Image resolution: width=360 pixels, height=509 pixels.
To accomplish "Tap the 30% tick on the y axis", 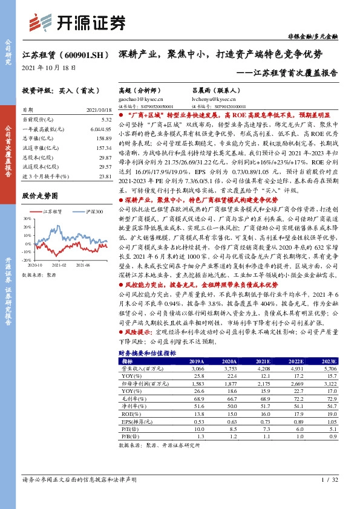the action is [26, 218].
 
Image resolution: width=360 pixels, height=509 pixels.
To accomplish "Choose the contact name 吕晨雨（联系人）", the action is [212, 89].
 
